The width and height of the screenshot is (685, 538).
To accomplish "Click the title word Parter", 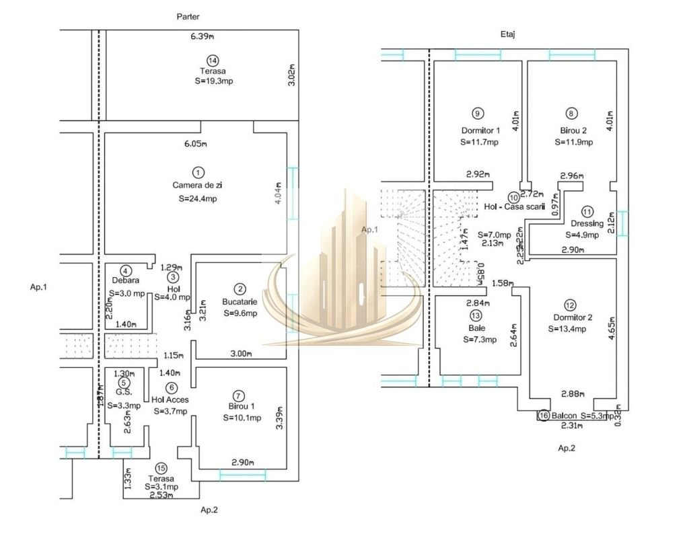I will tap(188, 16).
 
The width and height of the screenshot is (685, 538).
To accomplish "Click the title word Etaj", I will tap(508, 32).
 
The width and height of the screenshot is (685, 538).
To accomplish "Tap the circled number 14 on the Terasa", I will tap(213, 61).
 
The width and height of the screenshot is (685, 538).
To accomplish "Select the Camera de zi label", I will tap(197, 184).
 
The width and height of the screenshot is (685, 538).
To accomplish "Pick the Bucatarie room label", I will tap(241, 302).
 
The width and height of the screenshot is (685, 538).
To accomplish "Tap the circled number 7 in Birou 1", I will tap(236, 395).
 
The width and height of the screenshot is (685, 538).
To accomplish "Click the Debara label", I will tap(126, 280).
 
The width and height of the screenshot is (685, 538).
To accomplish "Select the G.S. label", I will tap(123, 393).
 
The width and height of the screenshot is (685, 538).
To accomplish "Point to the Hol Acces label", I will tap(170, 399).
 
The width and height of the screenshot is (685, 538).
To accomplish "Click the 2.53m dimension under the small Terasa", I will tap(162, 496).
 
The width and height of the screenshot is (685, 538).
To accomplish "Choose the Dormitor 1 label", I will tap(480, 130).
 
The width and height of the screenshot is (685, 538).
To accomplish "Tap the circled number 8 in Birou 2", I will tap(572, 114).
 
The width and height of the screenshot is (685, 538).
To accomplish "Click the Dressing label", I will tap(587, 223).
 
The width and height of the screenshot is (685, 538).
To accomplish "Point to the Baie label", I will tap(476, 328).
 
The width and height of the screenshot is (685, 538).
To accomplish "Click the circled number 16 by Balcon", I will tap(544, 416).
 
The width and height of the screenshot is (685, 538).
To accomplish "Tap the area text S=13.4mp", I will tap(567, 329).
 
